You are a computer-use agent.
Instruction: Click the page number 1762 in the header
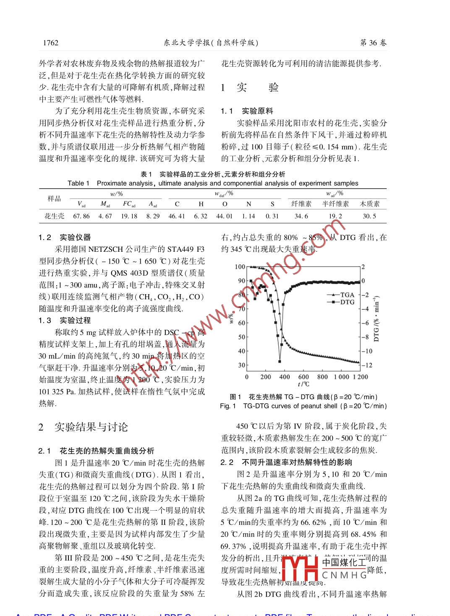[51, 43]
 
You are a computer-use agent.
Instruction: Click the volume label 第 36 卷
[373, 43]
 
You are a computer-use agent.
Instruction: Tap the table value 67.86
[81, 216]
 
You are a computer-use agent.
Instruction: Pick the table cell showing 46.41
[177, 216]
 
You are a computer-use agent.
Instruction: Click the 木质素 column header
[369, 204]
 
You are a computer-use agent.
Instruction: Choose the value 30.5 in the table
[369, 216]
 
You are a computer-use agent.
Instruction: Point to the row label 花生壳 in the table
[55, 216]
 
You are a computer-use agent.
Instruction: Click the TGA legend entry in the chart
[341, 295]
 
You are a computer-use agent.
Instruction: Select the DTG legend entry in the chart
[341, 302]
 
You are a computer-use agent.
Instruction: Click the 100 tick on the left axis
[240, 267]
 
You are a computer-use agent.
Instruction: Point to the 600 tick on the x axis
[303, 377]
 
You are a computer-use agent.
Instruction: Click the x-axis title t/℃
[303, 384]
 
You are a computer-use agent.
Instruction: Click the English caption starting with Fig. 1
[303, 406]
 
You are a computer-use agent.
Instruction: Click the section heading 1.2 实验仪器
[65, 238]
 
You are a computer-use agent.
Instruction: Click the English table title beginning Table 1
[213, 183]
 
